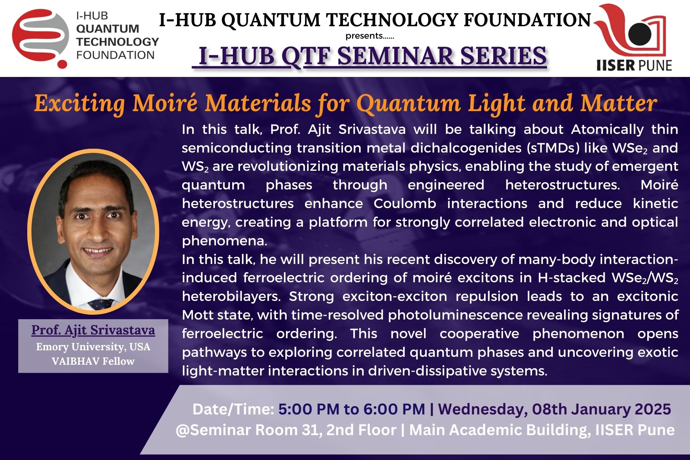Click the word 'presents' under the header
[x=364, y=36]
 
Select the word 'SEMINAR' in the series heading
[x=395, y=56]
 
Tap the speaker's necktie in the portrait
[x=101, y=304]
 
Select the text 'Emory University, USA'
[x=93, y=346]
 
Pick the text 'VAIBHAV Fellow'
[x=93, y=361]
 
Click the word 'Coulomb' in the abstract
[x=405, y=203]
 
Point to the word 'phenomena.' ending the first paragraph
[x=225, y=241]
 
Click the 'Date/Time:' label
[x=233, y=409]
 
